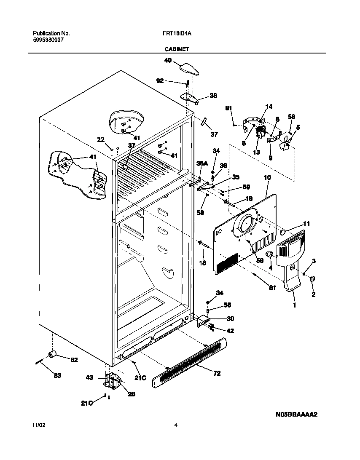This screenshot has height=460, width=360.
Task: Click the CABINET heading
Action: [176, 49]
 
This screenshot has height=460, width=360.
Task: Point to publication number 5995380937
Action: [48, 40]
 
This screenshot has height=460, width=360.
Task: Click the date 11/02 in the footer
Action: [38, 425]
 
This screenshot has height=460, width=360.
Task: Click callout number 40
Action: [168, 61]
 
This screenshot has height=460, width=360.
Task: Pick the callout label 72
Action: [217, 373]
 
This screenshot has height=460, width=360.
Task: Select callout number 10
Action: [267, 178]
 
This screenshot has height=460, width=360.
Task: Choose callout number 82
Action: [74, 359]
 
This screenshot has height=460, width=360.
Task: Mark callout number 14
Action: [269, 107]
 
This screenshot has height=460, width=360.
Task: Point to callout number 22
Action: [100, 140]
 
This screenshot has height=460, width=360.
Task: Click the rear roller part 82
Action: [53, 355]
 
